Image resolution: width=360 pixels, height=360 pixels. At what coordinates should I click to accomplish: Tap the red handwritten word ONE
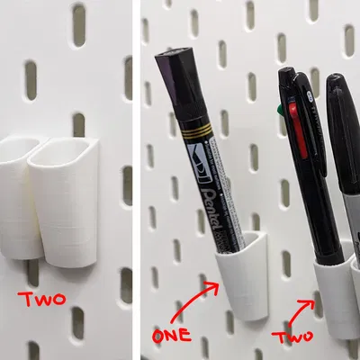(x=171, y=337)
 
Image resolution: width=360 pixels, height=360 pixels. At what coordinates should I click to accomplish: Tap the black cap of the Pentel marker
(x=176, y=77)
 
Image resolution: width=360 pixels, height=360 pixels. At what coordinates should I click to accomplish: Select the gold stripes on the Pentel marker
(x=194, y=136)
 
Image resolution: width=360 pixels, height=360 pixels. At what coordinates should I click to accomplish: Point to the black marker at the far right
(x=345, y=162)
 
